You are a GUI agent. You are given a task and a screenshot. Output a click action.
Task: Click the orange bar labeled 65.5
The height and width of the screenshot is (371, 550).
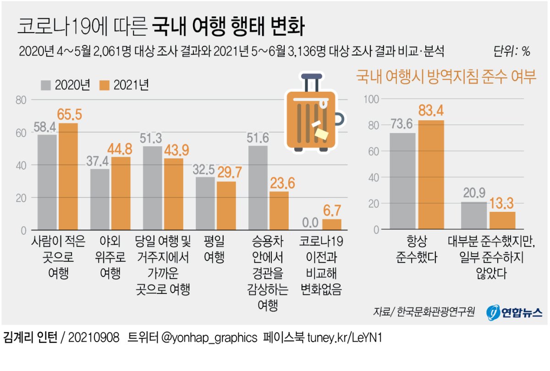67,177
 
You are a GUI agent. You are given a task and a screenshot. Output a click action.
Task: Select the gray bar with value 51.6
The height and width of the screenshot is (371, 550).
258,188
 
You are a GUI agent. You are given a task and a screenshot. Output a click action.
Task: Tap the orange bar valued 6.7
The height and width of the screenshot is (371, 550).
332,225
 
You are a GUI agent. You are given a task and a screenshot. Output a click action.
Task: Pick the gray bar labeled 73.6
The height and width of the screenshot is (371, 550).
403,181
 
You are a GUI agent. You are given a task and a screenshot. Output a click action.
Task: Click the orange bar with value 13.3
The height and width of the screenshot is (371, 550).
502,221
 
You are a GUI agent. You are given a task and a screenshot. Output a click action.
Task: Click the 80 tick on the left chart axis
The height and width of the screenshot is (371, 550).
21,100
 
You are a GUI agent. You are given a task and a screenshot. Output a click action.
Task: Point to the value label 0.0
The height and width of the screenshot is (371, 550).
310,223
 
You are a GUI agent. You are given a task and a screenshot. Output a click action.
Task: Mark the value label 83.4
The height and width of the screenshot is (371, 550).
431,111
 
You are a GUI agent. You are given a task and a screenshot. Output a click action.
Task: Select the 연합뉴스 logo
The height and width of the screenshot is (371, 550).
514,312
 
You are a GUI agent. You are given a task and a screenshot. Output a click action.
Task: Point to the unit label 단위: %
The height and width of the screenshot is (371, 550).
511,51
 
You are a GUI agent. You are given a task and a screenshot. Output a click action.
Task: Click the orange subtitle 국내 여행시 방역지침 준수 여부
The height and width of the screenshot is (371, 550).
446,77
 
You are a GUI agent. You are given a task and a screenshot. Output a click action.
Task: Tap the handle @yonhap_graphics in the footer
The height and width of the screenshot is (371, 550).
209,338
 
